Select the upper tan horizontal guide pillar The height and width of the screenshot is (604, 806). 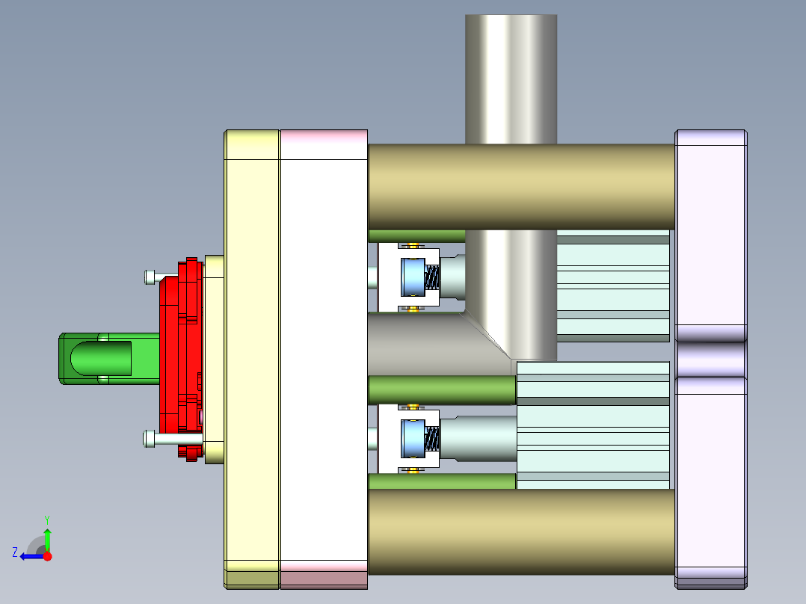(521, 187)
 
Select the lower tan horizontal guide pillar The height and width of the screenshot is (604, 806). (521, 531)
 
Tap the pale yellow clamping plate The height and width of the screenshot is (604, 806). (252, 359)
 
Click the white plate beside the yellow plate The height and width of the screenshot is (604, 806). (324, 359)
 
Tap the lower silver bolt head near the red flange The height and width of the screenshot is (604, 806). (150, 439)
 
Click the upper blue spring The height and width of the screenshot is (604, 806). (432, 279)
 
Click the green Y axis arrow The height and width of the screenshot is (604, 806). (47, 537)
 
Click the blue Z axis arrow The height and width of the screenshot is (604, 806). (30, 556)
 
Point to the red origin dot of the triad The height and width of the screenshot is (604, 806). (48, 556)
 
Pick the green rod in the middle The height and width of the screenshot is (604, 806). (441, 389)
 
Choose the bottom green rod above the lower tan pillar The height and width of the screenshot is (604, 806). (441, 481)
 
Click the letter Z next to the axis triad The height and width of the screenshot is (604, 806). (15, 552)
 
